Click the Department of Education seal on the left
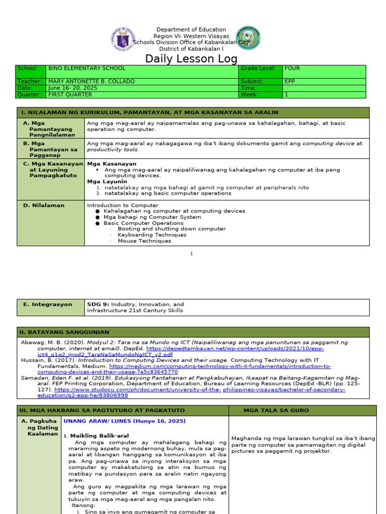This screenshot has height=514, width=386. click(x=123, y=39)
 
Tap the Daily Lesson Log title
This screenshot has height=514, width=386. click(x=191, y=59)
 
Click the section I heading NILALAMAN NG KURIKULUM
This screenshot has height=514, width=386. click(x=149, y=112)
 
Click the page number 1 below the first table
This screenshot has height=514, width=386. click(x=191, y=254)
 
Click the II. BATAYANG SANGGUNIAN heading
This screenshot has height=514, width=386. click(x=64, y=332)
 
